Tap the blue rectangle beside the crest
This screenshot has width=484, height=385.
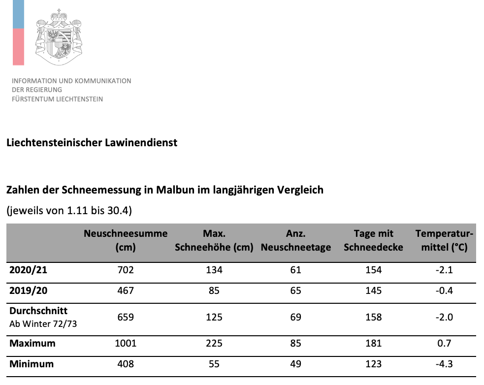coord(18,14)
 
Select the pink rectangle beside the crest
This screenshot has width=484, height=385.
coord(18,47)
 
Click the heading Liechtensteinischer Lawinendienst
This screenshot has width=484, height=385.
coord(92,143)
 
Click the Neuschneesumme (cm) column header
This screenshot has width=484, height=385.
coord(126,240)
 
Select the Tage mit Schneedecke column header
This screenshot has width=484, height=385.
coord(373,240)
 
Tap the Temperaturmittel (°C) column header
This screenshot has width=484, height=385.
coord(444,240)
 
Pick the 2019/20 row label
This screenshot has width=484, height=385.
coord(28,290)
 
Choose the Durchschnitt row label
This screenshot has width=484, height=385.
coord(38,311)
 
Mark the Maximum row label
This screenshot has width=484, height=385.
coord(32,343)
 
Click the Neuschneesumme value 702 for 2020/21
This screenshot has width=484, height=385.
coord(125,269)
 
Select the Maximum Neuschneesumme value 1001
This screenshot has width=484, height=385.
coord(125,343)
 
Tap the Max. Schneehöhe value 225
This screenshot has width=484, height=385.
coord(214,343)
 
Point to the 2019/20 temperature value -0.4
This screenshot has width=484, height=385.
coord(444,290)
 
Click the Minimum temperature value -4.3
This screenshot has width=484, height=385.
coord(444,364)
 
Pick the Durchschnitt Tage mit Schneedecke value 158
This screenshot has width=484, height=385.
coord(373,317)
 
